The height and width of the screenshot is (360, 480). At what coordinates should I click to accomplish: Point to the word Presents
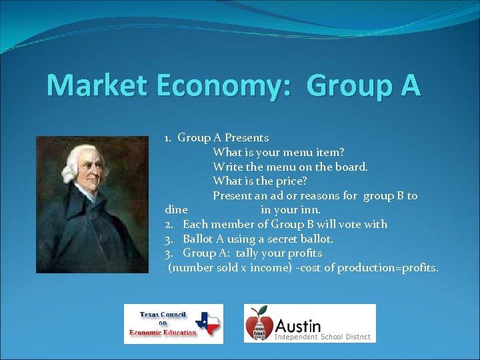[x=247, y=138]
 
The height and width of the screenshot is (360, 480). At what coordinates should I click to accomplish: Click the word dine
[x=177, y=210]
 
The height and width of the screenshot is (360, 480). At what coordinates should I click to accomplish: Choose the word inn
[x=309, y=210]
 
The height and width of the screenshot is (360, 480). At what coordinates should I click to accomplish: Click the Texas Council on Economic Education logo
[x=173, y=324]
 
